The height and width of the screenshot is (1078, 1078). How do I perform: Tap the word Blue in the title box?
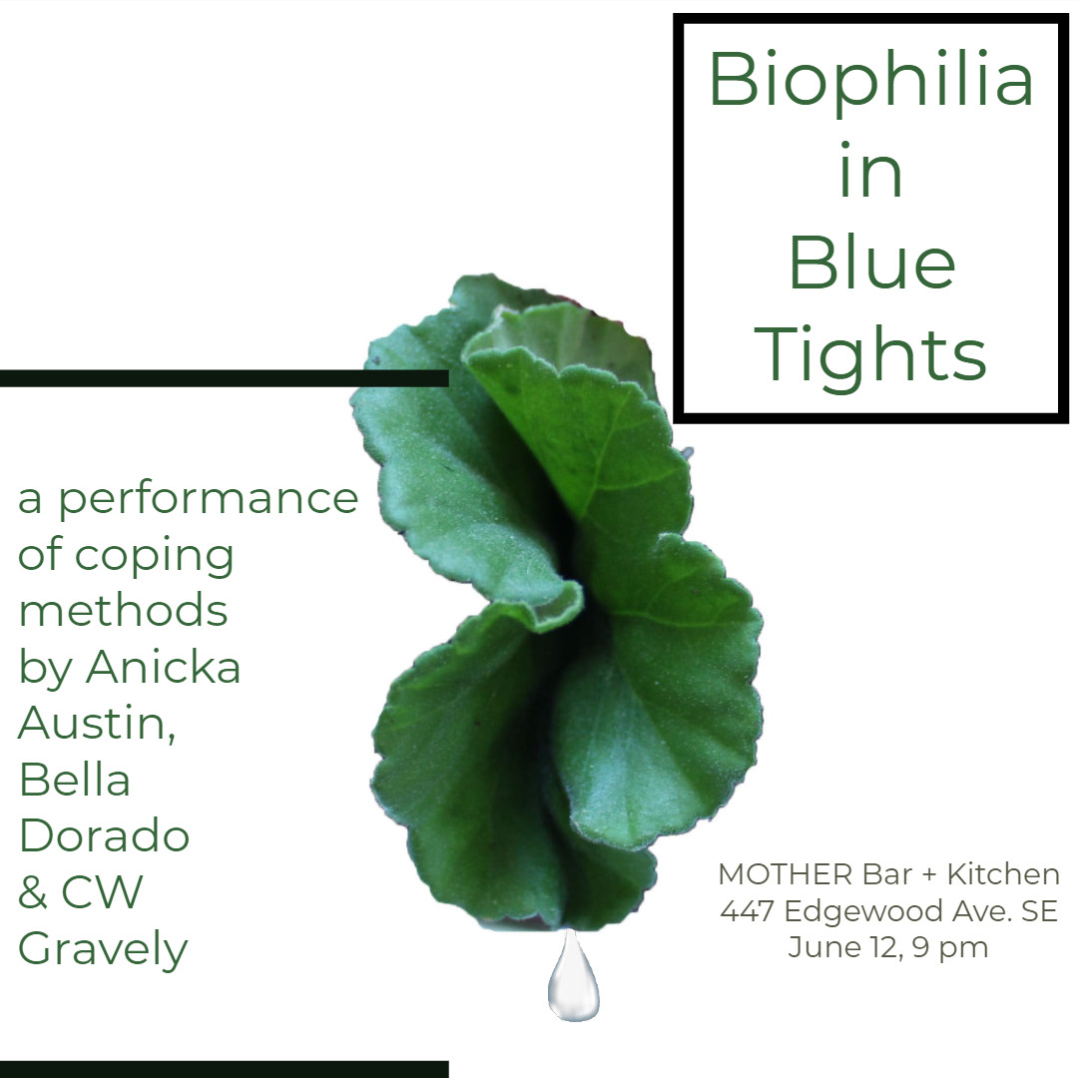click(871, 263)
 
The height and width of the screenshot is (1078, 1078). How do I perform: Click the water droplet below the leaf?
click(573, 976)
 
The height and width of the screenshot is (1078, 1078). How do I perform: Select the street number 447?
click(748, 911)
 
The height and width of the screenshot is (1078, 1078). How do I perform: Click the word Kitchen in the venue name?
click(1004, 874)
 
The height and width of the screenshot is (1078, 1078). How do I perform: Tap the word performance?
click(209, 501)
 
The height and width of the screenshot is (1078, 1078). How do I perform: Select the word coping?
click(154, 558)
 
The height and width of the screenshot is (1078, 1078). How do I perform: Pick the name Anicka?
click(163, 666)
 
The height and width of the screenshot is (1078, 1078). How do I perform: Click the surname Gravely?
click(103, 949)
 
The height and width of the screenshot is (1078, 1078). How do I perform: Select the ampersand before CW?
click(32, 891)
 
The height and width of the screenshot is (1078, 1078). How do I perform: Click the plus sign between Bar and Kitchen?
click(929, 875)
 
